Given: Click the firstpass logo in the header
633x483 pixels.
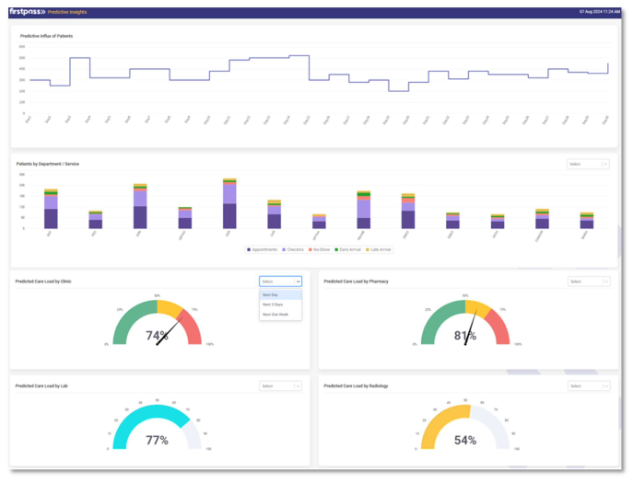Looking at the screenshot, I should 28,12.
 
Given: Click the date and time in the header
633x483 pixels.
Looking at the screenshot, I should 599,12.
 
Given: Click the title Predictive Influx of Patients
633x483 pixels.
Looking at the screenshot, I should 47,36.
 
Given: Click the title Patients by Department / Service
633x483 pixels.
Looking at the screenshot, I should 48,164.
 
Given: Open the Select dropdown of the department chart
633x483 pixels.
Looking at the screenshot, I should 588,164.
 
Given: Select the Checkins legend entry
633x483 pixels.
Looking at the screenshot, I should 294,249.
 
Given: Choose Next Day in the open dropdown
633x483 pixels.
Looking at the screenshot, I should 271,294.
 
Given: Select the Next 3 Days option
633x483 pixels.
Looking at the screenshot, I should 273,305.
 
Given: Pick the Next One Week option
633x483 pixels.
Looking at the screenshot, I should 275,315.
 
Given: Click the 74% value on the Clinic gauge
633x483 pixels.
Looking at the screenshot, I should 157,335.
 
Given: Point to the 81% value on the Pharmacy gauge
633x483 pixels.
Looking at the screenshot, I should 464,335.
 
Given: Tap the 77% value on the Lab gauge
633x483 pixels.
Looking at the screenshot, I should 157,440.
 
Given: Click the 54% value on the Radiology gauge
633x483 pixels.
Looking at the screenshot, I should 464,440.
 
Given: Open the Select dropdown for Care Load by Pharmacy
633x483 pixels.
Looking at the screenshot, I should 588,282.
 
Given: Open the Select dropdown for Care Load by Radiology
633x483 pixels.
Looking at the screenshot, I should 588,386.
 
